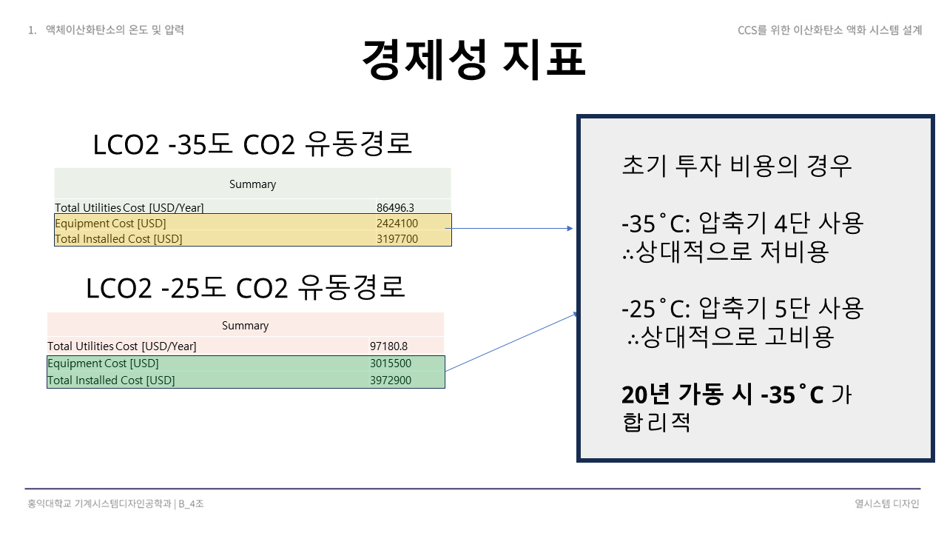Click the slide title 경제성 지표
[x=473, y=59]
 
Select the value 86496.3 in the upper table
[x=395, y=207]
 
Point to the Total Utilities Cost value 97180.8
[x=388, y=346]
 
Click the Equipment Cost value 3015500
[x=391, y=363]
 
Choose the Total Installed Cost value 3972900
[x=391, y=381]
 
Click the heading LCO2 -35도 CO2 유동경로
[x=252, y=144]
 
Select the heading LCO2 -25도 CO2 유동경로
[x=246, y=288]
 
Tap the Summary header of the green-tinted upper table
[x=252, y=184]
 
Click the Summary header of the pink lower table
[x=245, y=326]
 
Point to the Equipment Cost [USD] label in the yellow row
[x=110, y=223]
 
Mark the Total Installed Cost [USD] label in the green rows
[x=111, y=381]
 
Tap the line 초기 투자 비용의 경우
[x=737, y=166]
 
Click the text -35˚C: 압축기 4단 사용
[x=743, y=223]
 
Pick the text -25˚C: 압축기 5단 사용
[x=743, y=308]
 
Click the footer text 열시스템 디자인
[x=886, y=503]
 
